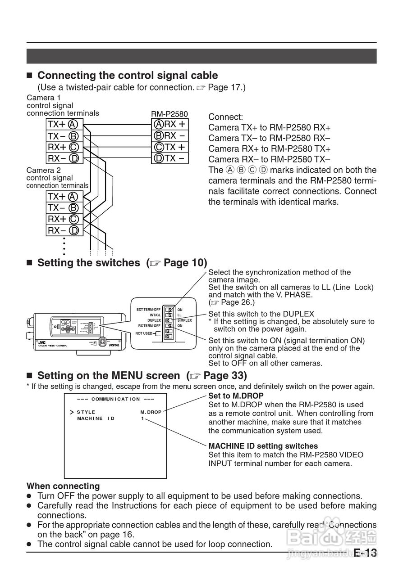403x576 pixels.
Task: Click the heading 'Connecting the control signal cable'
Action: coord(127,75)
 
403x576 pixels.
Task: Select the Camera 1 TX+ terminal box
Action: coord(64,124)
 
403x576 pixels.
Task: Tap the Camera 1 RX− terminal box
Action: coord(64,158)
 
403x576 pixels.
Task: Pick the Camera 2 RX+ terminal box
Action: coord(64,219)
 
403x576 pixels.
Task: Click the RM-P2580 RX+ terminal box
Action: coord(169,124)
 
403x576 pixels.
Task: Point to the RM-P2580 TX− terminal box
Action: coord(169,158)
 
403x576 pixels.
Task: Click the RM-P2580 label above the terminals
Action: coord(169,114)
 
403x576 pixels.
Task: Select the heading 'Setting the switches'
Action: coord(88,263)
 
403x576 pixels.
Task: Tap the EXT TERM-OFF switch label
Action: coord(148,310)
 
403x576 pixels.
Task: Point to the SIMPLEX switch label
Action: coord(184,320)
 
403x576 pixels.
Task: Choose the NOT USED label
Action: coord(144,333)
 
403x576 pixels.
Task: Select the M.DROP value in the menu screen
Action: coord(151,412)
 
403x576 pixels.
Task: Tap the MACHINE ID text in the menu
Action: coord(96,418)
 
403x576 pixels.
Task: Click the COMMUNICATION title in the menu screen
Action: coord(116,399)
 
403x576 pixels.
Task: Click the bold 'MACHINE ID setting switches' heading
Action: coord(263,446)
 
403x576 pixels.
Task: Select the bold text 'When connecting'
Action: coord(63,486)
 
